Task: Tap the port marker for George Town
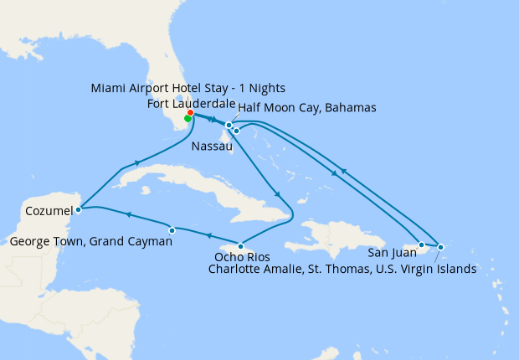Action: point(172,229)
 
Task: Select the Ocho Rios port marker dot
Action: point(241,246)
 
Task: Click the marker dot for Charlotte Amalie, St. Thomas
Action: point(440,247)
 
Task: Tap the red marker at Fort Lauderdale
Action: point(191,112)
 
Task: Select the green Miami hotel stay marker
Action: point(188,118)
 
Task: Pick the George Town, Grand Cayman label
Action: point(92,242)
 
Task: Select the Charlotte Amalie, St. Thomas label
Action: point(342,269)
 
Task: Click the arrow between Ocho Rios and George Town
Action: point(208,236)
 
